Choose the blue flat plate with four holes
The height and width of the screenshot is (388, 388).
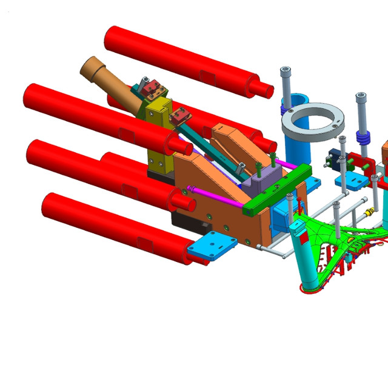[x=212, y=246]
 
